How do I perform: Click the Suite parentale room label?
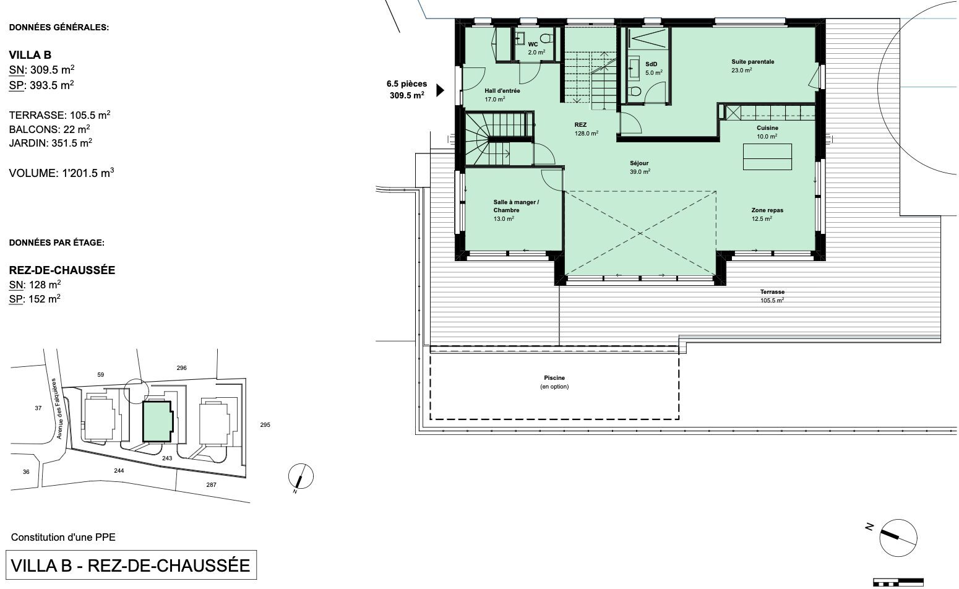pyautogui.click(x=752, y=66)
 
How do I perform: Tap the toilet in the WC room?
pyautogui.click(x=546, y=38)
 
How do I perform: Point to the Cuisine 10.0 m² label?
pyautogui.click(x=767, y=132)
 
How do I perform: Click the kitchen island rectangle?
pyautogui.click(x=767, y=157)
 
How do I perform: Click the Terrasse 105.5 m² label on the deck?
pyautogui.click(x=772, y=296)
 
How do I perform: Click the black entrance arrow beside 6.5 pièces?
pyautogui.click(x=440, y=90)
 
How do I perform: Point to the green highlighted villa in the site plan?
pyautogui.click(x=158, y=421)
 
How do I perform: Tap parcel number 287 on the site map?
pyautogui.click(x=211, y=485)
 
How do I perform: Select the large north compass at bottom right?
pyautogui.click(x=898, y=538)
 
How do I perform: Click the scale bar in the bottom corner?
pyautogui.click(x=898, y=582)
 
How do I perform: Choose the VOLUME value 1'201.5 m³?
pyautogui.click(x=88, y=173)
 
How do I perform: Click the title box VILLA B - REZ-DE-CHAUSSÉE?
pyautogui.click(x=131, y=565)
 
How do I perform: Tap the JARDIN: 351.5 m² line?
pyautogui.click(x=51, y=142)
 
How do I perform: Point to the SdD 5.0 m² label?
pyautogui.click(x=653, y=69)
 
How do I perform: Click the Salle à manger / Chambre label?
pyautogui.click(x=516, y=210)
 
